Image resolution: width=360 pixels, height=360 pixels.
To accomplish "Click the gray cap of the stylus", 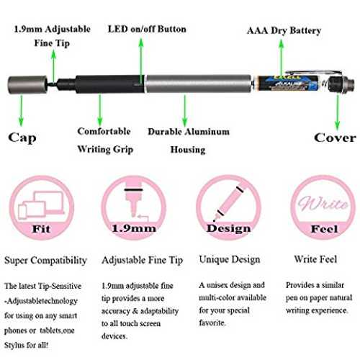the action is pos(27,85).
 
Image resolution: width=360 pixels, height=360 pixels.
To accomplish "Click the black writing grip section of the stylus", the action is pos(109,84).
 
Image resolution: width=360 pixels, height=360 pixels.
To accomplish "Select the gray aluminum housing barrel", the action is pos(199,84).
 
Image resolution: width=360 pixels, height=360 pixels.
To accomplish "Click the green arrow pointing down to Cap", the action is pos(22,111).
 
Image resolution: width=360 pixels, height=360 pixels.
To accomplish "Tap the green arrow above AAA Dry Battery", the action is pos(282,57).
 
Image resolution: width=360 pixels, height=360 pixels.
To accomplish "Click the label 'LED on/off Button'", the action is pos(147,30).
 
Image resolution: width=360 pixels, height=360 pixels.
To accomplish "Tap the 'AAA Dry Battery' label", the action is pos(284,31).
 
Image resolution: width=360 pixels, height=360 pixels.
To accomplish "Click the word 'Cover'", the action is pos(335,138).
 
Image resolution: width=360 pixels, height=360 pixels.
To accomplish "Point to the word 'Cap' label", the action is pos(22,138).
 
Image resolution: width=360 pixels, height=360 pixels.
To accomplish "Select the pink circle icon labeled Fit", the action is pos(42,208).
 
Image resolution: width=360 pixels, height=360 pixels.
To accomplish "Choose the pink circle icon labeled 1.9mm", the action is pos(134,208).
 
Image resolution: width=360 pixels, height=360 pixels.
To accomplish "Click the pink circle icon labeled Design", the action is pos(228,208).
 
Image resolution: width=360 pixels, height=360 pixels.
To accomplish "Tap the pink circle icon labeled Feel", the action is pos(323,208).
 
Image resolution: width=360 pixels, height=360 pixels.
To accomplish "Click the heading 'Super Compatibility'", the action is pos(45,261).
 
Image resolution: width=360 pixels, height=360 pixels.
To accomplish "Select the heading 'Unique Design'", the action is pos(230,260).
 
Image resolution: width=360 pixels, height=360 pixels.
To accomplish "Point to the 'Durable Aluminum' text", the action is pos(189,132).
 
